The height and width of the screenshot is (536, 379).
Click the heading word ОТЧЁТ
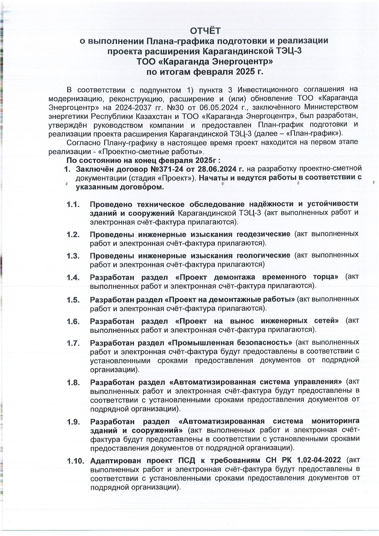[205, 31]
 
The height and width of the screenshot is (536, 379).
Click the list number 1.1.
[73, 204]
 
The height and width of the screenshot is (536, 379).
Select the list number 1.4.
[73, 278]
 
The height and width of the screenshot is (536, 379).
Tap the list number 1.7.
[73, 343]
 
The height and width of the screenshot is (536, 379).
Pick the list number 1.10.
[75, 461]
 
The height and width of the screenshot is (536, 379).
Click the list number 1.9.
[73, 422]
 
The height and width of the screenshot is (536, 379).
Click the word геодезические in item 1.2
[263, 234]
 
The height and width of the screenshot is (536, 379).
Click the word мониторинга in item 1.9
[335, 421]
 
